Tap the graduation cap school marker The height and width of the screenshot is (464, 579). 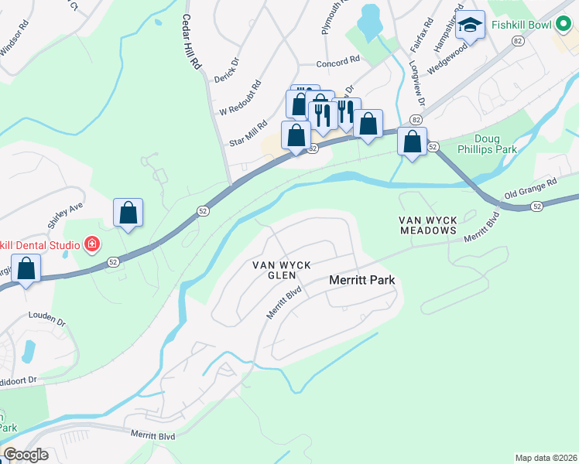[470, 26]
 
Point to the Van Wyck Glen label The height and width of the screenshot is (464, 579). [282, 270]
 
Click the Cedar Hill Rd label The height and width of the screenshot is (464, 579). [192, 43]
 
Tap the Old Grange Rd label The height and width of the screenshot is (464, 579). [530, 189]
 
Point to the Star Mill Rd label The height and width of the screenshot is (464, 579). [248, 134]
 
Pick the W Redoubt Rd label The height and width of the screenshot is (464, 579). [240, 97]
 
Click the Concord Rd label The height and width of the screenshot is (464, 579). [338, 60]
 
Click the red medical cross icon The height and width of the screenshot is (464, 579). [91, 246]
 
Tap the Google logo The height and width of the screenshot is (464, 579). [26, 455]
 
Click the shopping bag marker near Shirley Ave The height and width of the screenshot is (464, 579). [128, 212]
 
